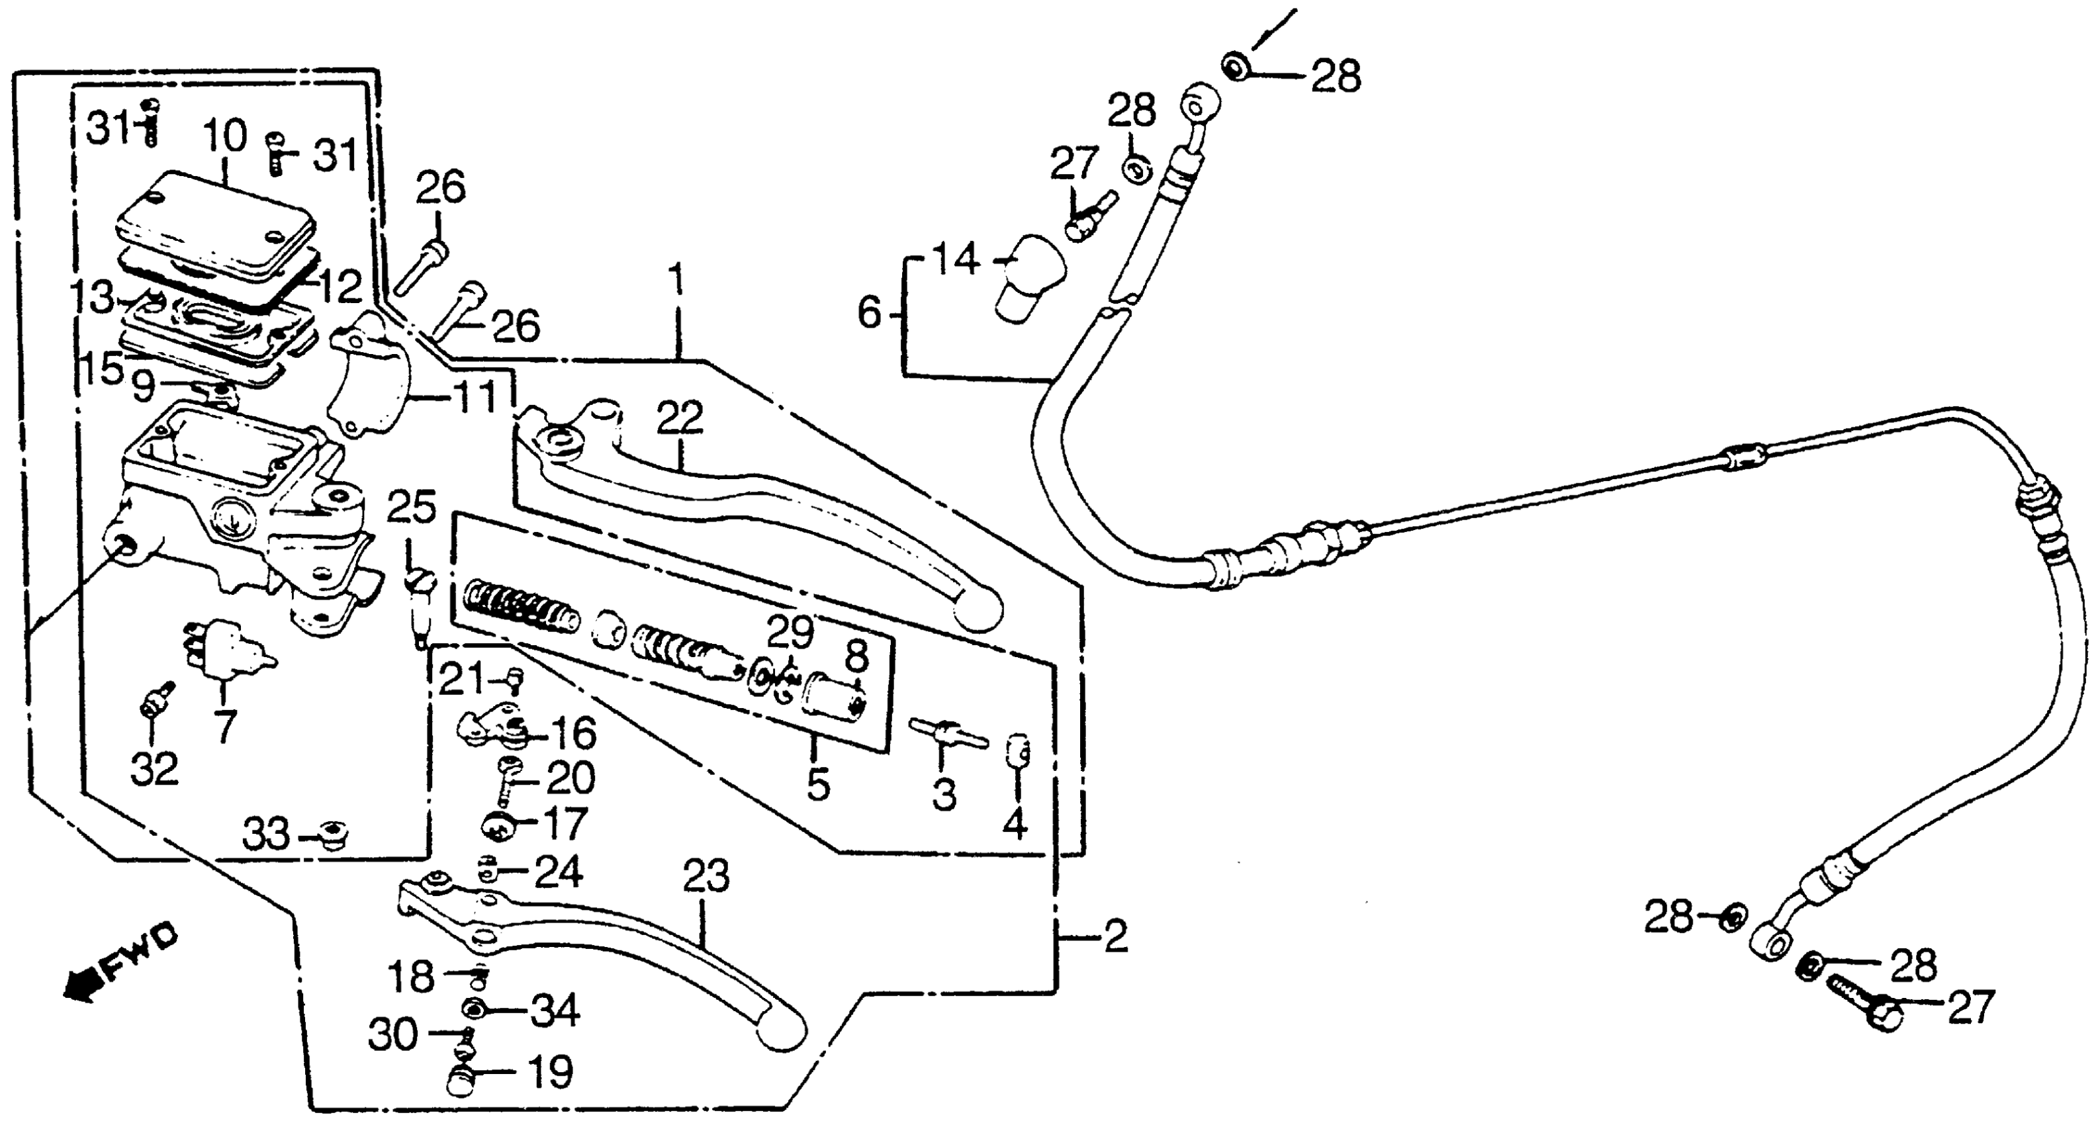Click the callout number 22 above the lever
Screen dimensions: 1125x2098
(680, 420)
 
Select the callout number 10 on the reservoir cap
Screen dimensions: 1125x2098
(226, 136)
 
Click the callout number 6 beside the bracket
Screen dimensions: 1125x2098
(869, 314)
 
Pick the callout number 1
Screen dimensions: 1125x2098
(677, 281)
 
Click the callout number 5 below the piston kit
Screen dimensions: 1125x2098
(818, 784)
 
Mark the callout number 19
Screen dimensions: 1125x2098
(551, 1073)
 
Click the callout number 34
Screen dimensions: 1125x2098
(555, 1012)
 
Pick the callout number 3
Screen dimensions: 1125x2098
(943, 794)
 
